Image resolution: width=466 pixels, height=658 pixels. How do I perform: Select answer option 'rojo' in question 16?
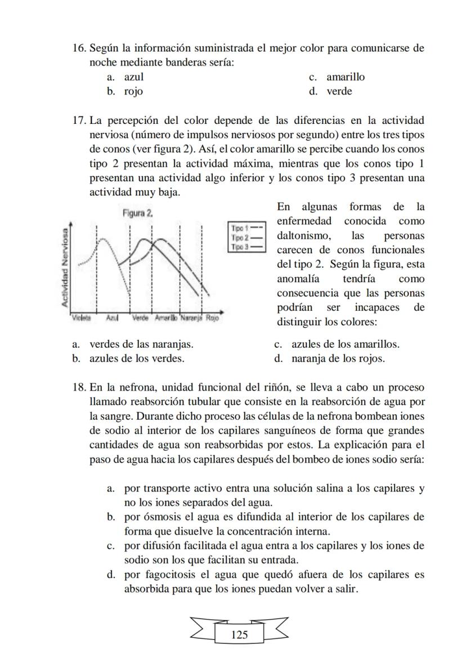click(133, 91)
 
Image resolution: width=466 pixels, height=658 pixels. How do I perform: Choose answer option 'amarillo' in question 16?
click(346, 77)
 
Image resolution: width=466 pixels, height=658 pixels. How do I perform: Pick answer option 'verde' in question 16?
click(339, 91)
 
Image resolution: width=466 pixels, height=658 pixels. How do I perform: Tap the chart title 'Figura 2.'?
click(137, 214)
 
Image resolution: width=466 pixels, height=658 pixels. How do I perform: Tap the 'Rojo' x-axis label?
click(212, 318)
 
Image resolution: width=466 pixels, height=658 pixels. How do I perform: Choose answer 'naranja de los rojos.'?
click(338, 359)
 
